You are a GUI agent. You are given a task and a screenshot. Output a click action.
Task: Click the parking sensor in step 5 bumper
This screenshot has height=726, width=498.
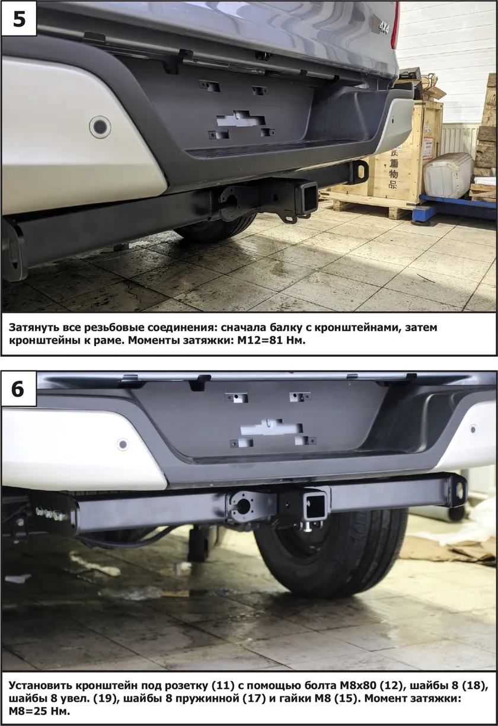99,126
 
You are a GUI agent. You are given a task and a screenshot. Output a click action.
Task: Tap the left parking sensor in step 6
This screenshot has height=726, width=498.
123,444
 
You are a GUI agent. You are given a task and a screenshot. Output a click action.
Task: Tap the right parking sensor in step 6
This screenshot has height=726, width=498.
473,427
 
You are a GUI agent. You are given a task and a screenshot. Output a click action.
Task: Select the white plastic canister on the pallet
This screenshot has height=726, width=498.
448,175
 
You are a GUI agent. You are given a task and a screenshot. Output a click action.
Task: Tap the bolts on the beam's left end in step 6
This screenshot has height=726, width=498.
50,514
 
